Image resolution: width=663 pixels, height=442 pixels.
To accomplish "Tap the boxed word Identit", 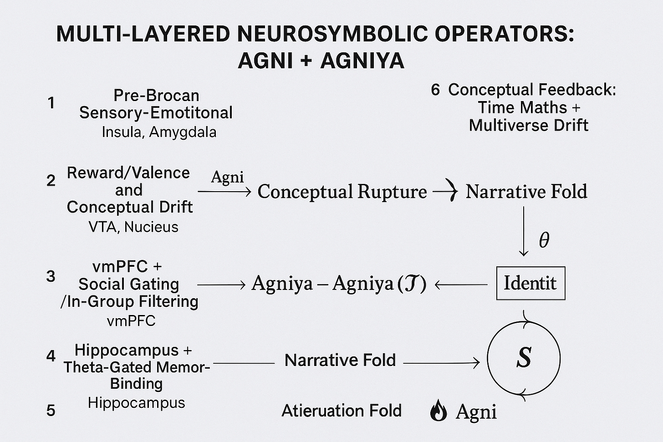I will point(530,283).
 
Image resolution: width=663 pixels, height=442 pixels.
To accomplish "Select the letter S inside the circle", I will point(524,357).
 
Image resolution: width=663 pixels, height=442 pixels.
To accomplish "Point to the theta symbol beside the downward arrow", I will point(544,239).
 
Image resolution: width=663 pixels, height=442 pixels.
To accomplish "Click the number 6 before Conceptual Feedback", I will point(435,90).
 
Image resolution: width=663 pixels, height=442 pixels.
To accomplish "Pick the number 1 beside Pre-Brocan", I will point(51,103).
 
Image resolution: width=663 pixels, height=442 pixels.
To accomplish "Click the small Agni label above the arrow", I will point(227,177).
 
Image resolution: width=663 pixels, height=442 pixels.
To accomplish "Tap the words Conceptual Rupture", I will point(342,192).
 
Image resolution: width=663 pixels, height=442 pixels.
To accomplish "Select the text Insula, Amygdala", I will point(159,132).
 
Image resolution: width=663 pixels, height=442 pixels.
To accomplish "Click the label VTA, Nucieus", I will point(133,226).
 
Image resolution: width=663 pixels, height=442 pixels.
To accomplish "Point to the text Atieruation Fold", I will point(342,411).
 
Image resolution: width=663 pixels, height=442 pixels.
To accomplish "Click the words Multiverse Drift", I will point(529,125).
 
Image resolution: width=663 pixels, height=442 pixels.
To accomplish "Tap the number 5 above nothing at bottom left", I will point(51,411).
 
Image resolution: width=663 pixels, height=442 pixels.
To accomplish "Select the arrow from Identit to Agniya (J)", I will point(461,285).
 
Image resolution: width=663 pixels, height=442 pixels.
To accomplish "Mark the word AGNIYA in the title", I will point(362,61).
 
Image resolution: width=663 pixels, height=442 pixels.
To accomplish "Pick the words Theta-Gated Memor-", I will point(137,367).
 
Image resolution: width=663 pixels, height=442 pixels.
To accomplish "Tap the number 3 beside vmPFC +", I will point(51,276).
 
